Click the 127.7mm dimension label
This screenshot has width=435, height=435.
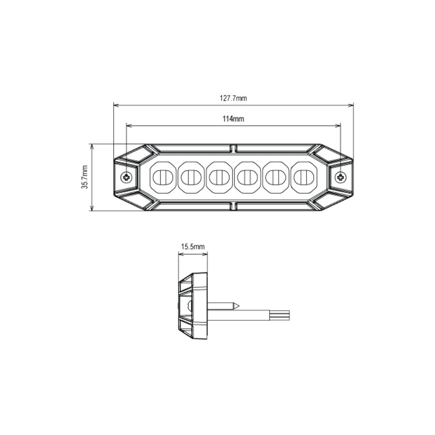click(x=233, y=98)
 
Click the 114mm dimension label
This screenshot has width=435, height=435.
click(x=233, y=119)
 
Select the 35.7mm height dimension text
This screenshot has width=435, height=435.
click(x=85, y=177)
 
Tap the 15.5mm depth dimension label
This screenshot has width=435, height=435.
click(x=193, y=246)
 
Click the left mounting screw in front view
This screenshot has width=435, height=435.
click(x=127, y=177)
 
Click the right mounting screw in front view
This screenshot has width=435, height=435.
click(x=341, y=177)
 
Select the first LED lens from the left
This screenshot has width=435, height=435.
click(x=162, y=177)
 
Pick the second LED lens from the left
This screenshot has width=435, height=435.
click(x=190, y=177)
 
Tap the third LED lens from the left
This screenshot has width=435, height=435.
click(x=219, y=177)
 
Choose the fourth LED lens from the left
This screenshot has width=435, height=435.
click(x=247, y=177)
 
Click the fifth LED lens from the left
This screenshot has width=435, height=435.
click(x=275, y=177)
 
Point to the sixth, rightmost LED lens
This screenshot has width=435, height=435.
click(x=304, y=177)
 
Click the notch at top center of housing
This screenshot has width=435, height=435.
click(x=233, y=147)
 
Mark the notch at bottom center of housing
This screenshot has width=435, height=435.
click(x=233, y=207)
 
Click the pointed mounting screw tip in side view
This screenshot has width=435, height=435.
click(x=237, y=306)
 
